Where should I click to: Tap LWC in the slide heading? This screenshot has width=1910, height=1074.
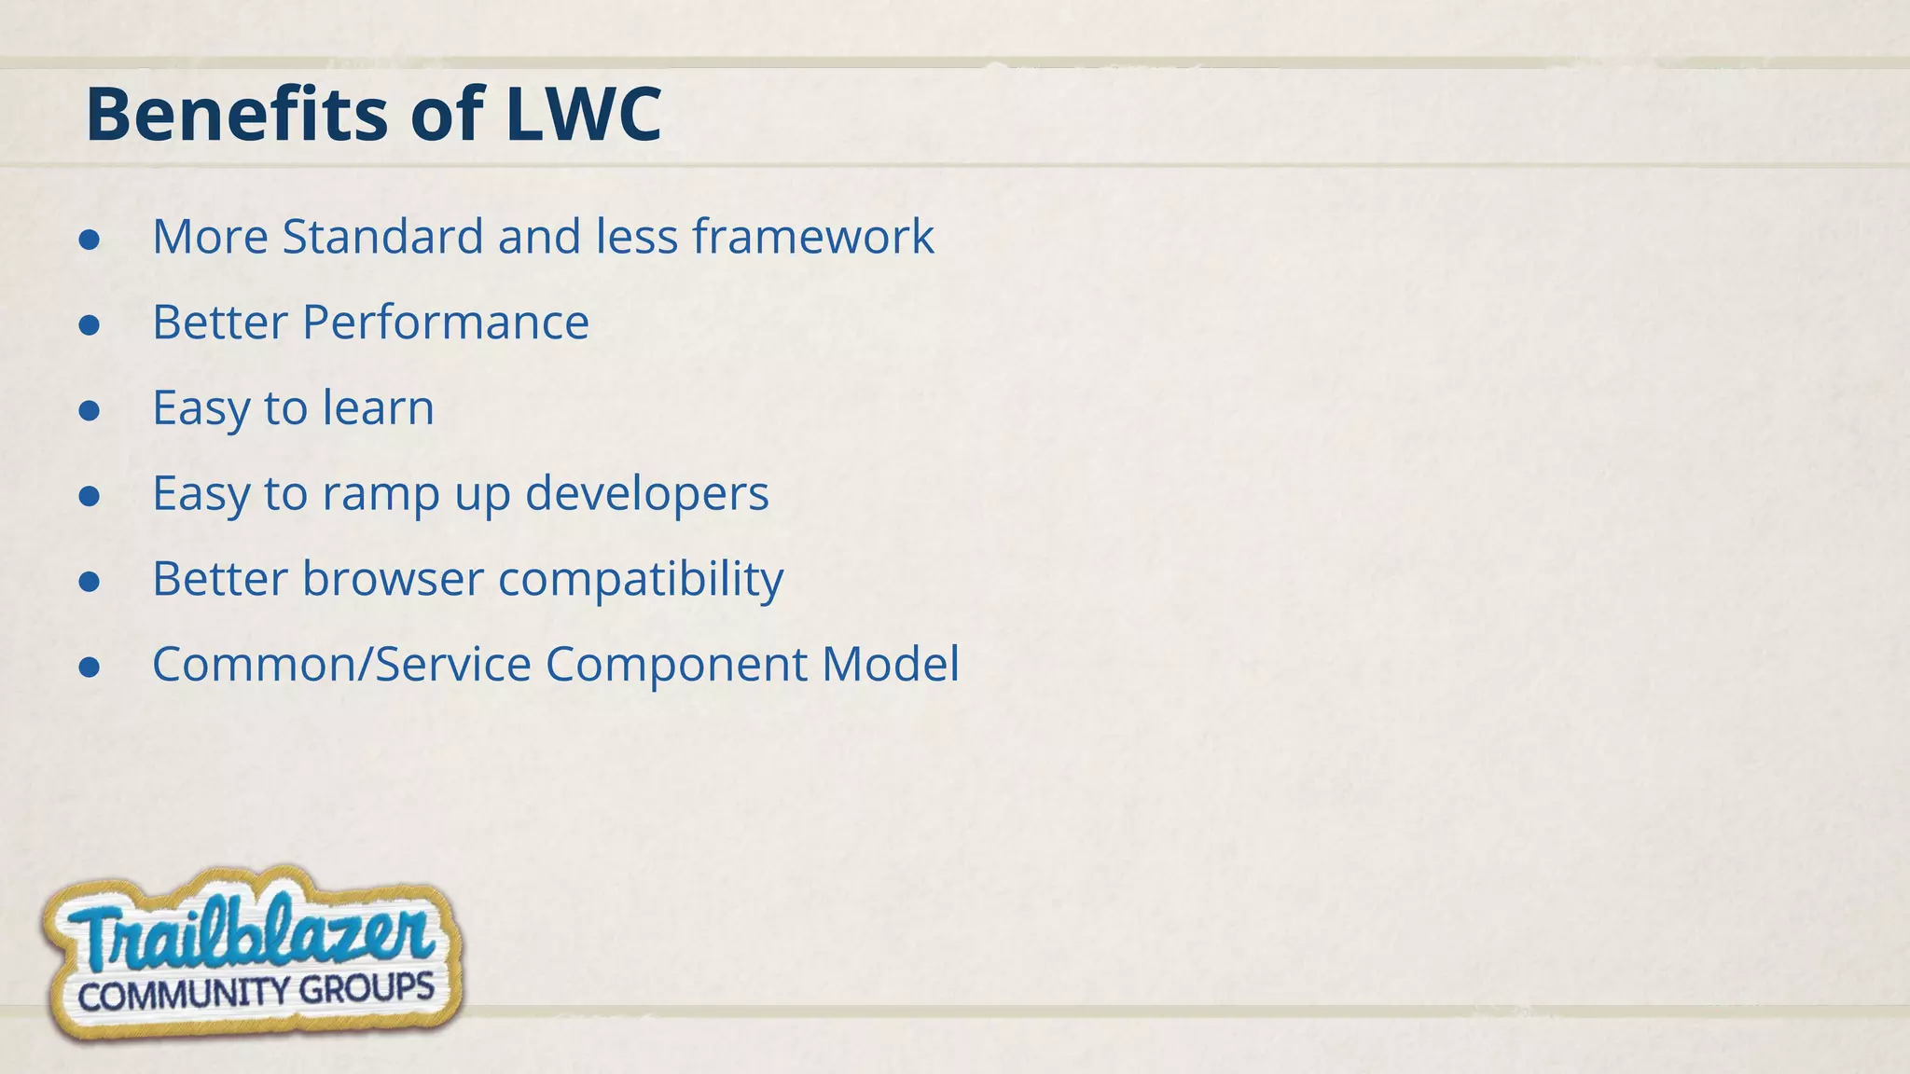(x=583, y=115)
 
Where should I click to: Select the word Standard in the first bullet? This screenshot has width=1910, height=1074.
(x=382, y=236)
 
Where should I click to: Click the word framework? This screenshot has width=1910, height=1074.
(x=812, y=236)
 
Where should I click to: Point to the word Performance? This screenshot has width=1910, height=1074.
(x=445, y=323)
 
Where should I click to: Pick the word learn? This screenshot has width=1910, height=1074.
(x=378, y=408)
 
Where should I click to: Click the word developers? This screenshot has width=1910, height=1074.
(x=646, y=493)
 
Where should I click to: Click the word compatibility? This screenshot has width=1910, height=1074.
(x=641, y=579)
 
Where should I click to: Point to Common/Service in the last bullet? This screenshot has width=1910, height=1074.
(x=341, y=665)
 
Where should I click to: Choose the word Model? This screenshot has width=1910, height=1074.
(x=890, y=665)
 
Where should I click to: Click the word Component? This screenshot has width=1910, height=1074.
(x=676, y=665)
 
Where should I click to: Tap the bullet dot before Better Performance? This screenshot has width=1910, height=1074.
(x=90, y=325)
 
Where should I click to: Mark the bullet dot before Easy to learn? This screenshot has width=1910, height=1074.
(x=90, y=411)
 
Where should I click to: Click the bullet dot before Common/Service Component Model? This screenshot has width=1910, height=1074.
(x=90, y=668)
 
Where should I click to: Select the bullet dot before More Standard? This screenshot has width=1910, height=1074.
(x=90, y=240)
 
